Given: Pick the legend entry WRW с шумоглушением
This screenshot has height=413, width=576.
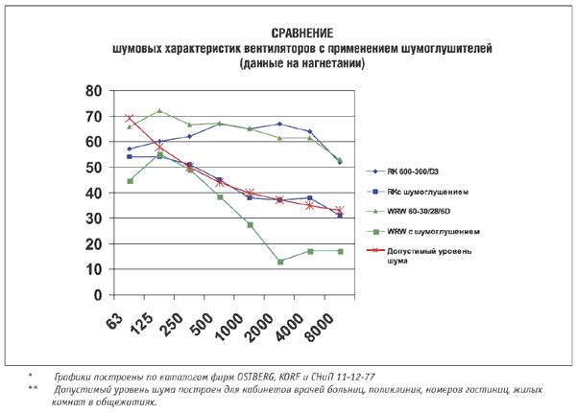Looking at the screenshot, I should coord(426,231).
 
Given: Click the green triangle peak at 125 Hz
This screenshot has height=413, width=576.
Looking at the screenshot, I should coord(159,111).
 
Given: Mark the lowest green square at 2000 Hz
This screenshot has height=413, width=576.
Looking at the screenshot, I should coord(280,262).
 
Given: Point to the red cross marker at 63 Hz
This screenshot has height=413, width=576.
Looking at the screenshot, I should coord(130,119).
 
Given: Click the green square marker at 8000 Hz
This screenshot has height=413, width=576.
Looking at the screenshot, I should coord(340,251).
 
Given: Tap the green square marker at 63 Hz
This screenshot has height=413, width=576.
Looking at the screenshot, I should coord(130,181).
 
